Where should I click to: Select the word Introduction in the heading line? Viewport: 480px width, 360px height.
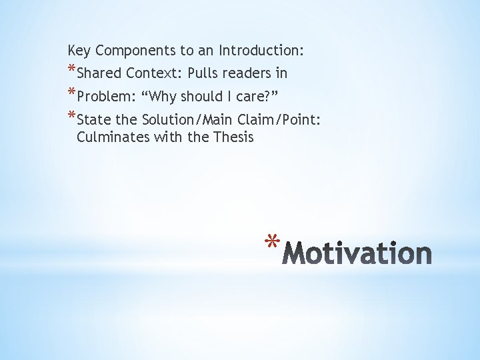pos(261,51)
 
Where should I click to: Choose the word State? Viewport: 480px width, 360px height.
pos(93,120)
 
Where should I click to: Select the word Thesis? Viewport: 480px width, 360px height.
pos(233,137)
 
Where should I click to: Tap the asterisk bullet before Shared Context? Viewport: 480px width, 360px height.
pos(71,70)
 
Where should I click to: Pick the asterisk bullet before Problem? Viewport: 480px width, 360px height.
pos(71,93)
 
